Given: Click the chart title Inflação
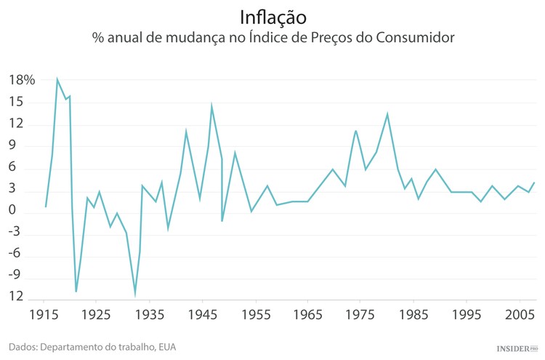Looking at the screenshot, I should pos(272,16).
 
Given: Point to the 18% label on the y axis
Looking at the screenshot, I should pos(22,80).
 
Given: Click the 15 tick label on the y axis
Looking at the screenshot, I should pos(16,102).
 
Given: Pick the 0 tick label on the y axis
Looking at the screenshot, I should pos(13,210).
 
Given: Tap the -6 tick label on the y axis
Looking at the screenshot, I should pos(15,254).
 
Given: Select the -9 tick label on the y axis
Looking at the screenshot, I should pos(15,276).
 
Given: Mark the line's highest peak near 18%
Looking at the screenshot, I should pos(57,79).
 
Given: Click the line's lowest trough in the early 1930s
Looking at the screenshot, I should pos(135,295).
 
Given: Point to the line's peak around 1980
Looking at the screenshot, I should pos(387,113).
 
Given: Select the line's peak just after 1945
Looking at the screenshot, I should pos(211,106).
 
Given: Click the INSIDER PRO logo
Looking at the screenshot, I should pos(516,348).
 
